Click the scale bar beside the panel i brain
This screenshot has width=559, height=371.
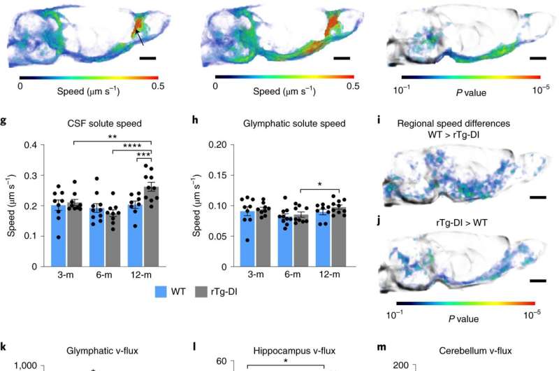(x=537, y=198)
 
